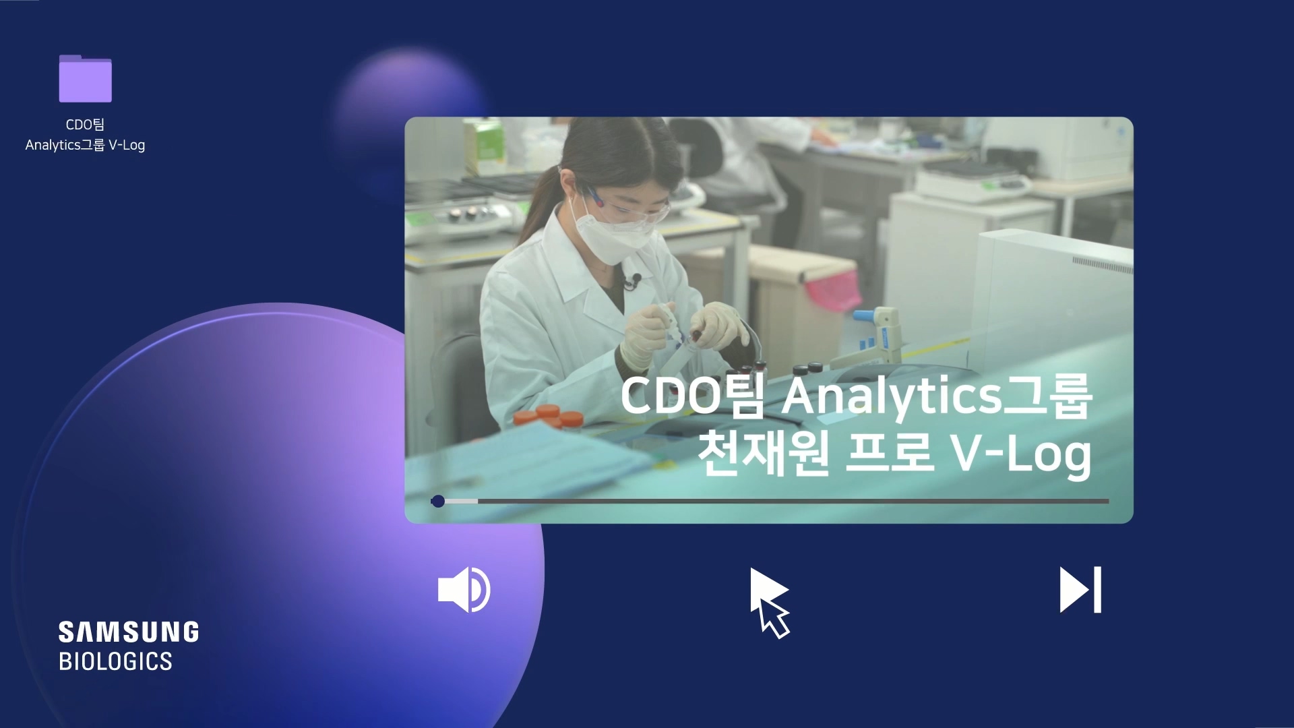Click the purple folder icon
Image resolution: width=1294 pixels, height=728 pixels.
click(85, 79)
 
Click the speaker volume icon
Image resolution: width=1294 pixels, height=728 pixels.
click(464, 590)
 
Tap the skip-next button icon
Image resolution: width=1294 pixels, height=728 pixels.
click(1080, 590)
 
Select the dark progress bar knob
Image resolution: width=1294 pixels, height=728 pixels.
click(438, 501)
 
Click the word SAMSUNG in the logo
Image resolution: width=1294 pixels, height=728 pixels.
click(128, 632)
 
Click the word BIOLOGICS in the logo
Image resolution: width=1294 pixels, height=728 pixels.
click(115, 661)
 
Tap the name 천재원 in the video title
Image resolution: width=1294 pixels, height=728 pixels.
click(762, 454)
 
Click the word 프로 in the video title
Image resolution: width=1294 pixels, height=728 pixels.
click(889, 454)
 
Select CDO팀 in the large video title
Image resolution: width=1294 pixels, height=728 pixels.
click(692, 396)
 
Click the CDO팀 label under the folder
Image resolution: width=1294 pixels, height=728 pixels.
click(85, 125)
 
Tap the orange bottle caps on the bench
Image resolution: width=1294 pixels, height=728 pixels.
click(549, 417)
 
